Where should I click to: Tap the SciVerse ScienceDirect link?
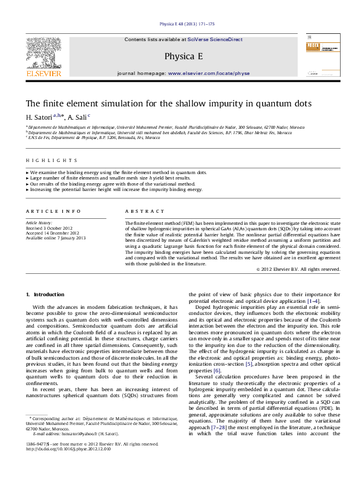216,39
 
